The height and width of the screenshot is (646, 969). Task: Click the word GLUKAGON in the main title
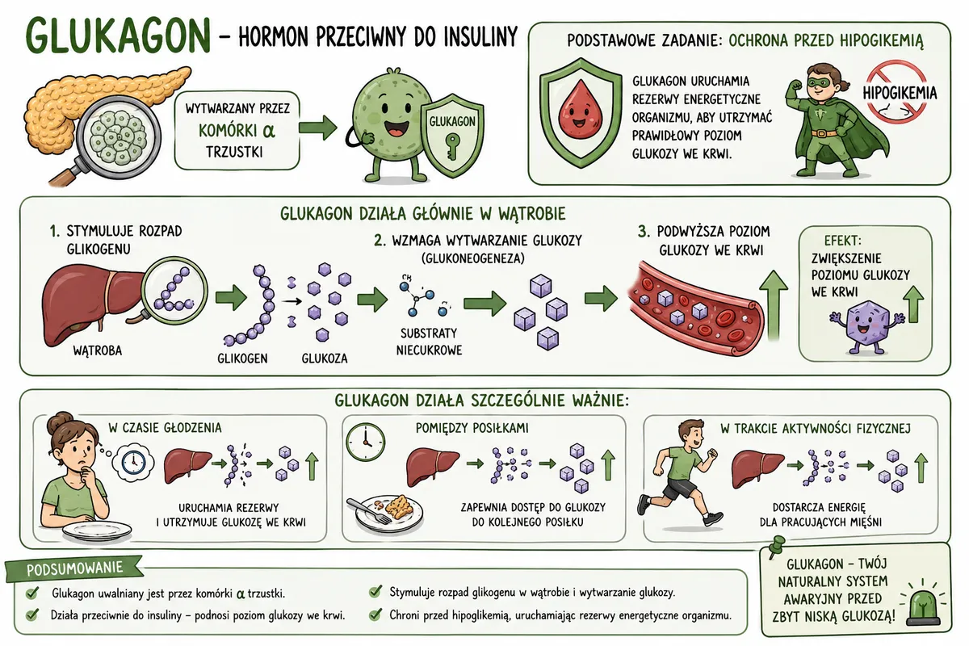pyautogui.click(x=118, y=36)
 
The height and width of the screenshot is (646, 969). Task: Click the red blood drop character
pyautogui.click(x=579, y=113)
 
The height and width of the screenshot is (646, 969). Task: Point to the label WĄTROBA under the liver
pyautogui.click(x=98, y=350)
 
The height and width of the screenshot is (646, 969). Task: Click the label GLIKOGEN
pyautogui.click(x=242, y=359)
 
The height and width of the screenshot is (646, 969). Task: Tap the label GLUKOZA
pyautogui.click(x=325, y=359)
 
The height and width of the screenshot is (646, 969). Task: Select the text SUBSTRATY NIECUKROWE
pyautogui.click(x=429, y=342)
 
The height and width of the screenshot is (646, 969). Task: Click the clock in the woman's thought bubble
pyautogui.click(x=133, y=463)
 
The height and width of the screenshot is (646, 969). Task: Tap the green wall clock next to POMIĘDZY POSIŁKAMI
pyautogui.click(x=366, y=443)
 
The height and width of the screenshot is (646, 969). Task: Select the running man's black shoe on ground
pyautogui.click(x=712, y=518)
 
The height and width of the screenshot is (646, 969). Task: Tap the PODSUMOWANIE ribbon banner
pyautogui.click(x=74, y=568)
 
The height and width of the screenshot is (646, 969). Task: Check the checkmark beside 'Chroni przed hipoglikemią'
pyautogui.click(x=375, y=615)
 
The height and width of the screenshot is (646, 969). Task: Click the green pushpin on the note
pyautogui.click(x=776, y=546)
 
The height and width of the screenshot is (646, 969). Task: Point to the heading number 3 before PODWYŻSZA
pyautogui.click(x=644, y=232)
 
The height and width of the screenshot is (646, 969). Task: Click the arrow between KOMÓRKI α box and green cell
pyautogui.click(x=318, y=128)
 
